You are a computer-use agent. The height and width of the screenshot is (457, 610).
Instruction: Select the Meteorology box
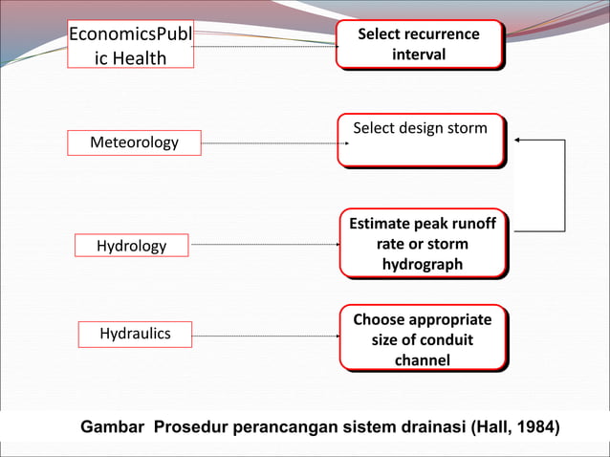coord(134,142)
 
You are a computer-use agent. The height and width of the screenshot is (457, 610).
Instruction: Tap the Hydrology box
coord(131,246)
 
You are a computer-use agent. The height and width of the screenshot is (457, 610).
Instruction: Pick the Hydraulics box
coord(135,334)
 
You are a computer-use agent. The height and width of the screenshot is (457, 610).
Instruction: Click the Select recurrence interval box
coord(418,44)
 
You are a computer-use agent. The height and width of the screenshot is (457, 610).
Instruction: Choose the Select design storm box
coord(420,140)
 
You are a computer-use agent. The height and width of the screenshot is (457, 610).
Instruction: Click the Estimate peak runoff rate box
coord(422,244)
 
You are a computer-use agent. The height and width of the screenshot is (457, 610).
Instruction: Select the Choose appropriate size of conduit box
coord(422,338)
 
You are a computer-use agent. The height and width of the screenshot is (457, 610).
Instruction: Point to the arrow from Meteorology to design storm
coord(270,143)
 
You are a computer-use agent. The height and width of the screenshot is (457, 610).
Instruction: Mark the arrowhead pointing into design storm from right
coord(518,140)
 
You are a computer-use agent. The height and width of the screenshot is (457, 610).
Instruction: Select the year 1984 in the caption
coord(535,425)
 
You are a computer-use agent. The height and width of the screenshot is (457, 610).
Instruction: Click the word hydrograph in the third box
coord(422,264)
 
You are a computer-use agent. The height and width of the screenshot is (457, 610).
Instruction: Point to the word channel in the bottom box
coord(422,359)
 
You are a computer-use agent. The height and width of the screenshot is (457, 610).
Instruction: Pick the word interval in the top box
coord(418,54)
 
